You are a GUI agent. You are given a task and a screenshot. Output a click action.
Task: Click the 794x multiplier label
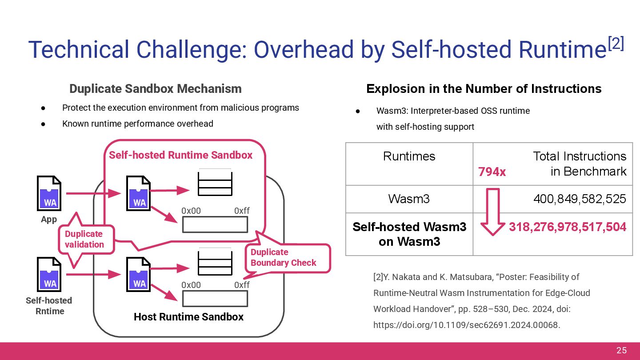tap(492, 172)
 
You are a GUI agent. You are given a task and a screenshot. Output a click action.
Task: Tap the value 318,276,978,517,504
tap(568, 227)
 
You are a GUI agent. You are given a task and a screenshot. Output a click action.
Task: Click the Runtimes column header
tap(409, 156)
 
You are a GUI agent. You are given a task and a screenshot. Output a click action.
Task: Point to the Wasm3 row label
tap(409, 199)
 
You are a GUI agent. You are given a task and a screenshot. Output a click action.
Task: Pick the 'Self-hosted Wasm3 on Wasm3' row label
tap(409, 234)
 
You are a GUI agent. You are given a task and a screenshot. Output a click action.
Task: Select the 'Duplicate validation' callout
tap(84, 239)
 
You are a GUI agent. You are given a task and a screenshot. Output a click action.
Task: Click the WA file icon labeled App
tap(49, 193)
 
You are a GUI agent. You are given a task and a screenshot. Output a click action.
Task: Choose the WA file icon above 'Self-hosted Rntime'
tap(49, 275)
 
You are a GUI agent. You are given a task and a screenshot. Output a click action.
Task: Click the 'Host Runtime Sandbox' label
tap(188, 317)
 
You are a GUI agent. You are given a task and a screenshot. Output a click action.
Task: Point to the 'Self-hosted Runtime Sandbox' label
tap(180, 155)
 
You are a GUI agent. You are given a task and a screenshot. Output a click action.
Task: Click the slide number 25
tap(621, 351)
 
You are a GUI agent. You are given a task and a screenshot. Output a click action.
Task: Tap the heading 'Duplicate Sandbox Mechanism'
tap(156, 89)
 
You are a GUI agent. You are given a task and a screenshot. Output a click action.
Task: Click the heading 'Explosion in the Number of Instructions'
tap(484, 89)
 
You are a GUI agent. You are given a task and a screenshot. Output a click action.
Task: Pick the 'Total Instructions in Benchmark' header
tap(580, 164)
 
